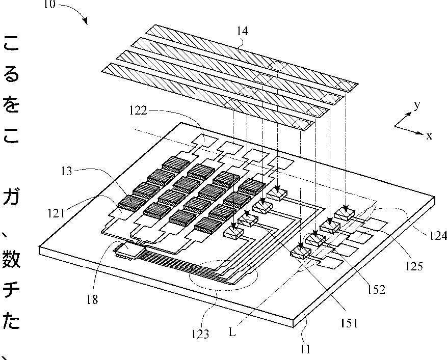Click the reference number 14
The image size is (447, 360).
pos(243,31)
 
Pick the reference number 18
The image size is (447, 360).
pos(92,300)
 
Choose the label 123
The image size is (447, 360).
pos(200,334)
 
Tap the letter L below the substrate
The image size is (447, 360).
pos(232,333)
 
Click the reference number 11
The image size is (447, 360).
pos(305,349)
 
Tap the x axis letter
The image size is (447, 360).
pos(429,136)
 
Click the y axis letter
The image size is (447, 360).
pos(416,105)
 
